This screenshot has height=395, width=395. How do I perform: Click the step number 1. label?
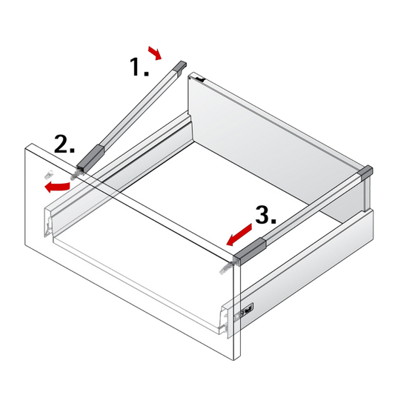139,67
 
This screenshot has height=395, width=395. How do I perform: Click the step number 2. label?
64,144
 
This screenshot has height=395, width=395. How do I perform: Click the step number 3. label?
266,215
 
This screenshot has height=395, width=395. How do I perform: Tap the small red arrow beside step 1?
155,53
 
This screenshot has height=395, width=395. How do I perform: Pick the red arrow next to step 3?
239,235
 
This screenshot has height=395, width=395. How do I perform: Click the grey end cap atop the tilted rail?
181,67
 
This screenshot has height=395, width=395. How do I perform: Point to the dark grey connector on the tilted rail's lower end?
90,157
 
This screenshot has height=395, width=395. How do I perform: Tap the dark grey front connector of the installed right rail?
250,251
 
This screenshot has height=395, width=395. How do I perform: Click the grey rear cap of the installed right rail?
366,173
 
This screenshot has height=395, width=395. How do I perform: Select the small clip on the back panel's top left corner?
199,79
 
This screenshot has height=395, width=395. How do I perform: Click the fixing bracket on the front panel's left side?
49,173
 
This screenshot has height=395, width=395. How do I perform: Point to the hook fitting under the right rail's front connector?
227,268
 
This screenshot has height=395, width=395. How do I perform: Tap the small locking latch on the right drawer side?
247,309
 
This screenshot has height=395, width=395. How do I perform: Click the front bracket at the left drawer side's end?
48,225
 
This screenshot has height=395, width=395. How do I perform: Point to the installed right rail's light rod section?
313,208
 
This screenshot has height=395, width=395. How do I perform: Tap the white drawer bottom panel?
202,202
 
